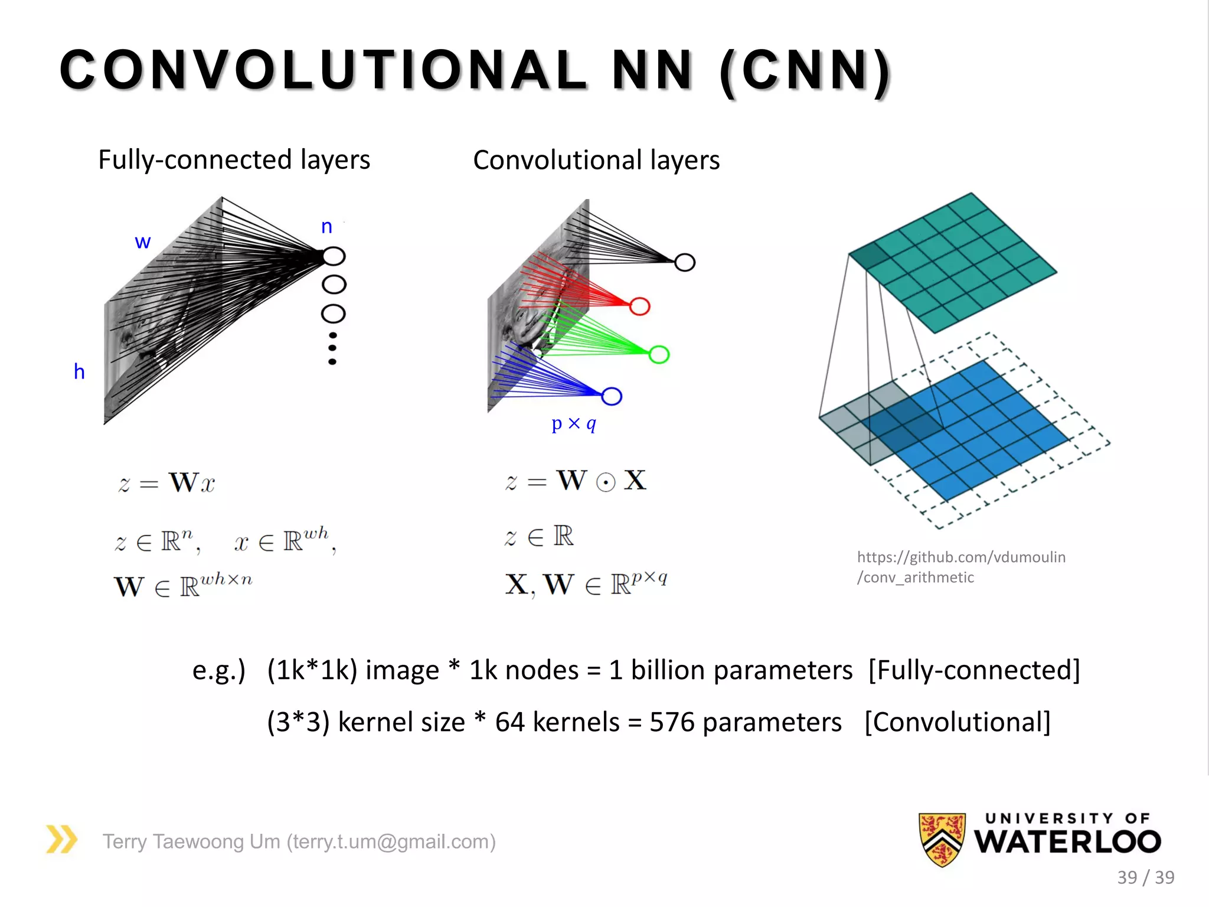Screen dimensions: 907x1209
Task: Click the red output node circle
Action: click(x=639, y=306)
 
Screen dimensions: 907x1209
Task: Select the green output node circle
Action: click(x=659, y=354)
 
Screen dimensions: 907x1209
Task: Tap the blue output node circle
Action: click(x=612, y=396)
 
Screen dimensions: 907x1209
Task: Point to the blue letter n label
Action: click(x=326, y=226)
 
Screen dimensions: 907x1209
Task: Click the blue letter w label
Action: click(x=143, y=242)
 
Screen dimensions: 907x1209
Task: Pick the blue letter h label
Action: click(x=79, y=372)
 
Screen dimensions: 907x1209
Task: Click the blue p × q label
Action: click(x=574, y=423)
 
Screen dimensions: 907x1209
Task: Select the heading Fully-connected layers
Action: click(x=234, y=160)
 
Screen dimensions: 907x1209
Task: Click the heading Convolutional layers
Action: click(x=596, y=161)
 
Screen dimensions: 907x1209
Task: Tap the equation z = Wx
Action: click(x=167, y=483)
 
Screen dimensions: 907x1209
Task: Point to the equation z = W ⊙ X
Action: click(x=576, y=481)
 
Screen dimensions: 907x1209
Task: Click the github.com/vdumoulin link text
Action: click(x=961, y=557)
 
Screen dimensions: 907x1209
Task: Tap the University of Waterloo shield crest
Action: click(x=942, y=839)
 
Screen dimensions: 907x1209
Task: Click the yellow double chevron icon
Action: click(x=62, y=839)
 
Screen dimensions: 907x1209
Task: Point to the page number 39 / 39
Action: click(x=1145, y=877)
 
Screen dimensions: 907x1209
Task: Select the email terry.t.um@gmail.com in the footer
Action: click(x=391, y=841)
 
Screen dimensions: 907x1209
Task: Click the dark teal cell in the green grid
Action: click(x=870, y=256)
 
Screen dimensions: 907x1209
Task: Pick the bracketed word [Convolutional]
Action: click(x=958, y=722)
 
